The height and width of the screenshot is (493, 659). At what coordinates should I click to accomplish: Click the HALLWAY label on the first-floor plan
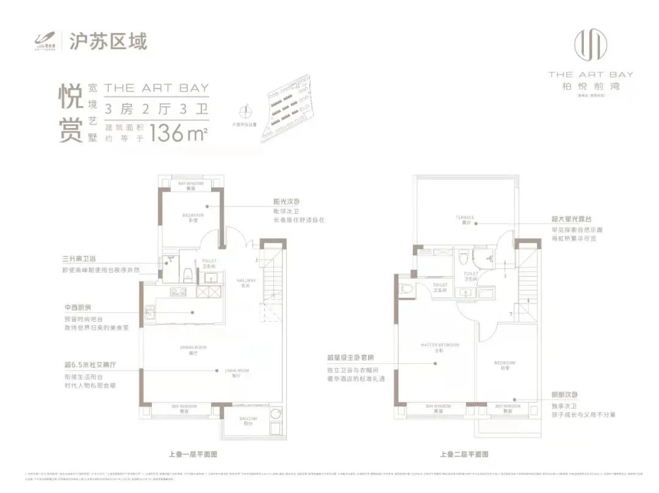247,282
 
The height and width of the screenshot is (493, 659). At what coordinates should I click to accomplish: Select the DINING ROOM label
193,348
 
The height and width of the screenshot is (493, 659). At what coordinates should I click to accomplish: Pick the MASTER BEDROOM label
439,347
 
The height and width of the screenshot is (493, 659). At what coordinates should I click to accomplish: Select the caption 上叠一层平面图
193,454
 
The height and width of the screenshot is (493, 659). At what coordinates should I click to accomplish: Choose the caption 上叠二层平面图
464,454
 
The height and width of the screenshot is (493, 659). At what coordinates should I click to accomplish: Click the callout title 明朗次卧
563,394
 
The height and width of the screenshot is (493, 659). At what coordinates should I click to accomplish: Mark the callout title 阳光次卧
287,201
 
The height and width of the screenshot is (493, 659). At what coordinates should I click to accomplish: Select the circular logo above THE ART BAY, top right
590,46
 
